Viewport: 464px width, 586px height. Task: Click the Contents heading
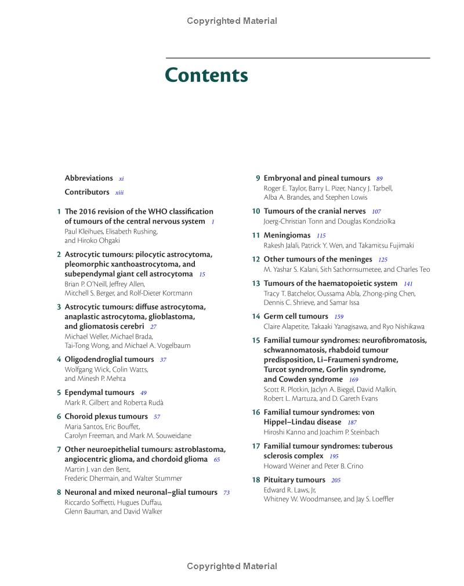coord(206,76)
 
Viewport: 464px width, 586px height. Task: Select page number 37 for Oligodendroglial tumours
coord(163,360)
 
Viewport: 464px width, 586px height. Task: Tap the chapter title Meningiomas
coord(287,235)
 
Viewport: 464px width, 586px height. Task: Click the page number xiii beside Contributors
coord(119,193)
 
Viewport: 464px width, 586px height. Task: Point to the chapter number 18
coord(256,480)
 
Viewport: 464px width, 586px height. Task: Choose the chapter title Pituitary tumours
coord(294,480)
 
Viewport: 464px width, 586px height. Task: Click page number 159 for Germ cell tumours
coord(339,317)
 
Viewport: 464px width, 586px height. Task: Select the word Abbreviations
coord(89,178)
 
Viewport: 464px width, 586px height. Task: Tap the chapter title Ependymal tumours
coord(99,393)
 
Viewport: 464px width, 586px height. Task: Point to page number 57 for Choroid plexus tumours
coord(157,417)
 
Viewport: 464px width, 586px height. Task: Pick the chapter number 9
coord(258,178)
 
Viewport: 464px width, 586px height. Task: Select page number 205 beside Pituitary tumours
coord(336,480)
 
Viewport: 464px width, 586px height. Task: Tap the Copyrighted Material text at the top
coord(232,21)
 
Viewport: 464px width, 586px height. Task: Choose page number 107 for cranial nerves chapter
coord(376,212)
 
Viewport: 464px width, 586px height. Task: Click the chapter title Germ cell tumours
coord(296,317)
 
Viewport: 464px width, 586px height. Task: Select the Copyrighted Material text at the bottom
coord(232,566)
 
